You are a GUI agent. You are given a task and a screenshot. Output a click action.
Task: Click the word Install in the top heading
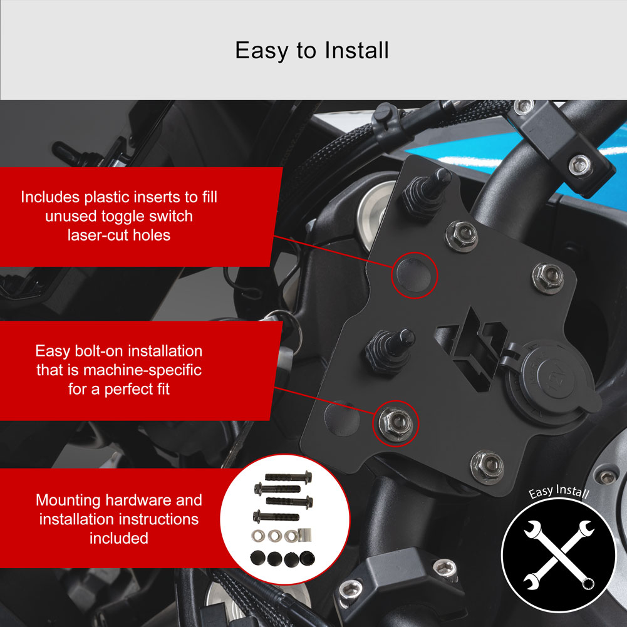pyautogui.click(x=356, y=50)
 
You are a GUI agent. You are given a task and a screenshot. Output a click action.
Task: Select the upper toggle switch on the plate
pyautogui.click(x=427, y=194)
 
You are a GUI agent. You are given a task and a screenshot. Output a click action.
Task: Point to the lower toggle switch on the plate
pyautogui.click(x=389, y=351)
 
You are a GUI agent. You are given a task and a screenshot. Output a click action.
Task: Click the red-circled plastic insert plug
pyautogui.click(x=413, y=275)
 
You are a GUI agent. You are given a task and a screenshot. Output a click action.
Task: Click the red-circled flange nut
pyautogui.click(x=395, y=423)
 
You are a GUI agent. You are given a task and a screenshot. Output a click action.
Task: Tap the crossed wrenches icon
pyautogui.click(x=558, y=554)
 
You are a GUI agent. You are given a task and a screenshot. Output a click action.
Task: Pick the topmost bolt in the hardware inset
pyautogui.click(x=288, y=477)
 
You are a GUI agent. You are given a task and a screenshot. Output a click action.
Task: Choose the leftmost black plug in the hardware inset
pyautogui.click(x=257, y=558)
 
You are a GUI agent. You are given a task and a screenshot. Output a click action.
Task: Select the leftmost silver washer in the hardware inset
pyautogui.click(x=258, y=536)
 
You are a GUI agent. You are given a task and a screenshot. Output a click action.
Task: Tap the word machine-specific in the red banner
pyautogui.click(x=142, y=370)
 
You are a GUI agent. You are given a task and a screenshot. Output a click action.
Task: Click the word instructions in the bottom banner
pyautogui.click(x=158, y=519)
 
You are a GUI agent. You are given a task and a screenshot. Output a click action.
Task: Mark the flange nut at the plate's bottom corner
pyautogui.click(x=487, y=467)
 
